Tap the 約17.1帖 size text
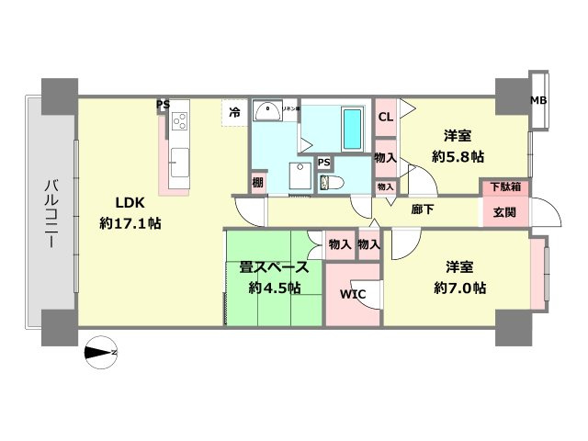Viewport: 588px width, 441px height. [x=130, y=223]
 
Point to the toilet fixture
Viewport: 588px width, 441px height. [x=330, y=182]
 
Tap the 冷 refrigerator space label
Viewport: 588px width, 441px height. [x=234, y=112]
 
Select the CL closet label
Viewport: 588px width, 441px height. [x=386, y=117]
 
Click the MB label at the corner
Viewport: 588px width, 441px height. [x=538, y=100]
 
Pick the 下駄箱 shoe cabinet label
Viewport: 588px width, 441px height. [x=502, y=187]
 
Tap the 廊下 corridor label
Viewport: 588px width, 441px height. [x=423, y=209]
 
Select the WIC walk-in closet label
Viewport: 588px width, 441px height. [x=354, y=295]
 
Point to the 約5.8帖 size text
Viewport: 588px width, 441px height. [x=458, y=157]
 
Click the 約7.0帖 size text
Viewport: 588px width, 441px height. [x=460, y=288]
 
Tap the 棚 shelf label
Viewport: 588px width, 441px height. [x=259, y=182]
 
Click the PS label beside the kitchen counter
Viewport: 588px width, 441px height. [x=163, y=105]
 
